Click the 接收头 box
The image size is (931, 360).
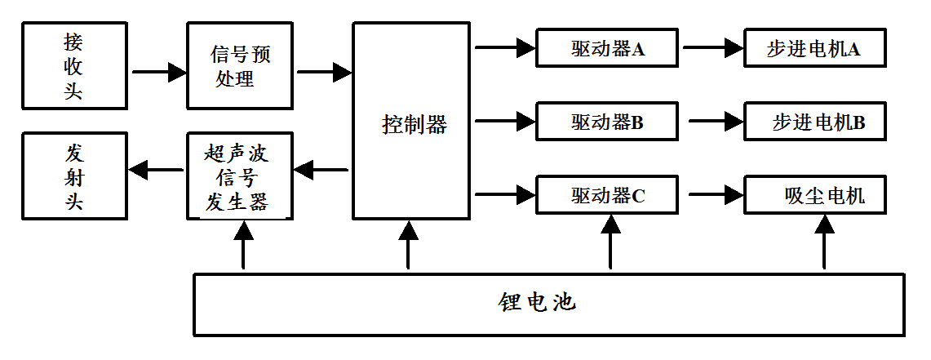click(74, 66)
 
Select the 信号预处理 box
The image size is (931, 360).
click(239, 66)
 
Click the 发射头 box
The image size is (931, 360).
click(74, 176)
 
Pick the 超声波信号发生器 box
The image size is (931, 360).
click(239, 176)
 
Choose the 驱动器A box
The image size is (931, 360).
click(607, 48)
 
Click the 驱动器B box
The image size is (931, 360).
click(607, 122)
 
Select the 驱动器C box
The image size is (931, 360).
click(607, 195)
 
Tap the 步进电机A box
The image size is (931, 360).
click(815, 48)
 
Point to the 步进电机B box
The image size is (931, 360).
click(815, 122)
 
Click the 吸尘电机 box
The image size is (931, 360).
click(815, 195)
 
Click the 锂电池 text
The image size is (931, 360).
click(537, 303)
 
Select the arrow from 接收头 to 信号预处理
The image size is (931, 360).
click(158, 72)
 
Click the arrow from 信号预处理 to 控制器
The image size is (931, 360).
click(324, 72)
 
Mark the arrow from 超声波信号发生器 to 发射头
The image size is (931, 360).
click(157, 170)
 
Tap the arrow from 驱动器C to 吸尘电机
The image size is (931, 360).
click(716, 195)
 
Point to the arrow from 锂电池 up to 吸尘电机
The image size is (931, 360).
click(824, 243)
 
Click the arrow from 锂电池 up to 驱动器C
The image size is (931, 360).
click(610, 243)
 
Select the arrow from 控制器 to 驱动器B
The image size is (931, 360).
click(503, 122)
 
